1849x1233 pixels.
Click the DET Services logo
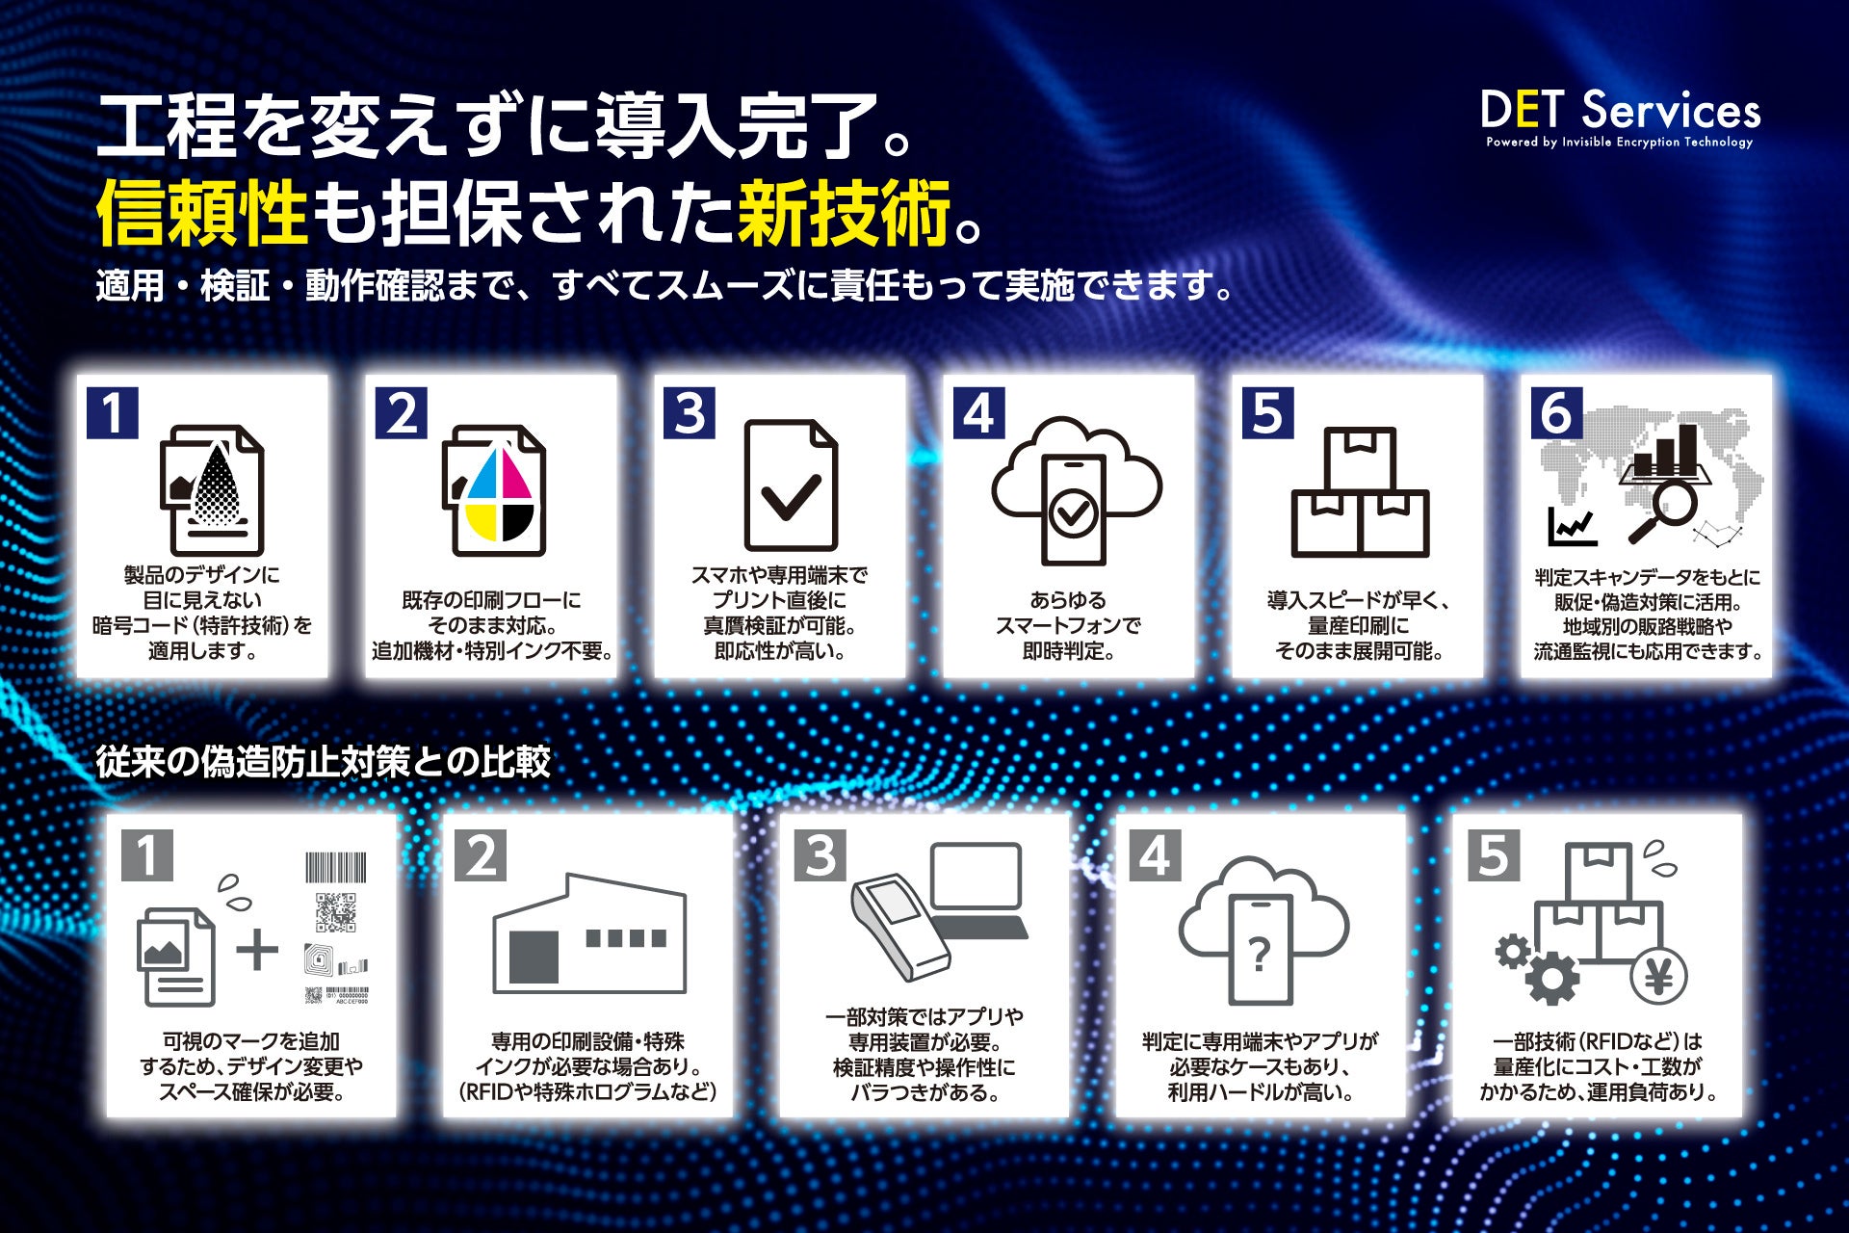point(1621,118)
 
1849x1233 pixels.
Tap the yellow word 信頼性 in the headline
point(202,213)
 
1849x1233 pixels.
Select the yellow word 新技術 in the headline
point(844,213)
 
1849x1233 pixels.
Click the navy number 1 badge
point(113,413)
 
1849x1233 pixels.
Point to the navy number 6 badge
point(1555,413)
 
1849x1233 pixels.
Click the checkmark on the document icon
point(791,495)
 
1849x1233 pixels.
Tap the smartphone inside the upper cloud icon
point(1073,510)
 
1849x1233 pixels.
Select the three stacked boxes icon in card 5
point(1360,492)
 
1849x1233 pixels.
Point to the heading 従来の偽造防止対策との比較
point(324,762)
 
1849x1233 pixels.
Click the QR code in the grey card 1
point(336,912)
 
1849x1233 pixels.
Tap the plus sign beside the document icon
point(257,952)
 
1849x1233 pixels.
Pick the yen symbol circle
point(1658,976)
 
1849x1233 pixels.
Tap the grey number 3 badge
point(820,855)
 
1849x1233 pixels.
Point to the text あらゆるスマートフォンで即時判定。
point(1068,626)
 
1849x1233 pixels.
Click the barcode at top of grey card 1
point(336,867)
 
